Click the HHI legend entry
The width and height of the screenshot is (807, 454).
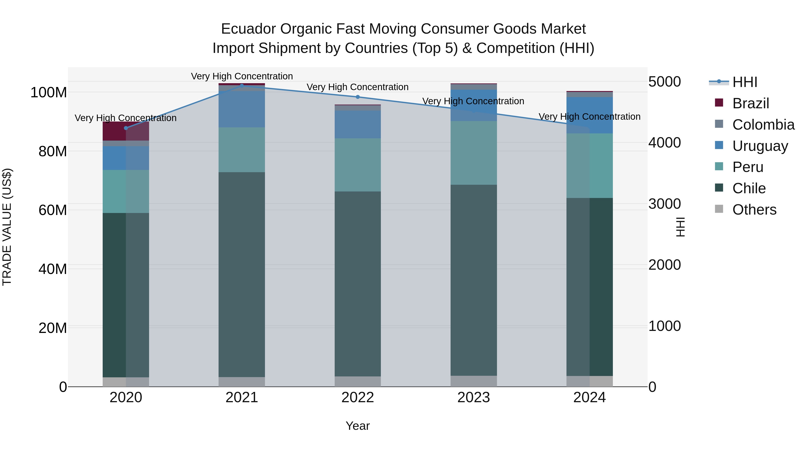[733, 82]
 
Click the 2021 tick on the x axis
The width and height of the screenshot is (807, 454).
[241, 398]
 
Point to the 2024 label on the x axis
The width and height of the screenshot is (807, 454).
[589, 398]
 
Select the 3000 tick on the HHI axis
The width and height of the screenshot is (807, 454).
[664, 204]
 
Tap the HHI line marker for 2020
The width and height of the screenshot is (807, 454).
[126, 128]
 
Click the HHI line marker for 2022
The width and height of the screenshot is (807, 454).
[358, 97]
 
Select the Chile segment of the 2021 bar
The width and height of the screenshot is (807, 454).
[241, 274]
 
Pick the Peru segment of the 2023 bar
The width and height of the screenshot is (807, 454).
[473, 153]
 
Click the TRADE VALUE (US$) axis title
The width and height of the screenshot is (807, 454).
[7, 227]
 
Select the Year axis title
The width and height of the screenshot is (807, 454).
[358, 426]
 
